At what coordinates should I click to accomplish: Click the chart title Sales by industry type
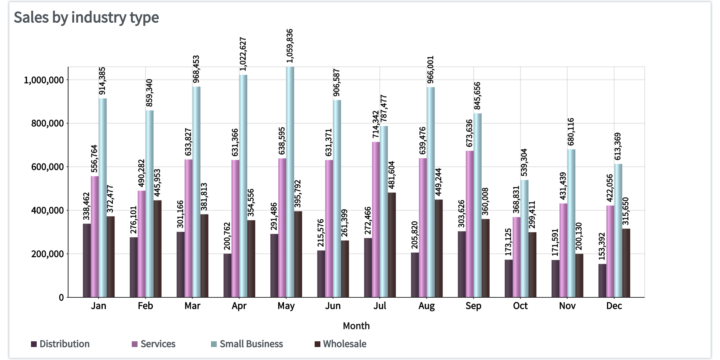[86, 17]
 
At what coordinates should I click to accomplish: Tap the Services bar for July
[376, 220]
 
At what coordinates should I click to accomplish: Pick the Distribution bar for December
[602, 281]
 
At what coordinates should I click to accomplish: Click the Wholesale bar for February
[157, 249]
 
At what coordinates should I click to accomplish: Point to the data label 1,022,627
[243, 54]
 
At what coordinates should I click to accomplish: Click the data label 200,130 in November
[579, 236]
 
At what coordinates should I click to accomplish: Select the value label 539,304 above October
[524, 163]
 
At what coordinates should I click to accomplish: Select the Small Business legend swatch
[214, 344]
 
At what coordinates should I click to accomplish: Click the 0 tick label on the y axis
[61, 298]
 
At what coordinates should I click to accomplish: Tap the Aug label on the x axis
[427, 306]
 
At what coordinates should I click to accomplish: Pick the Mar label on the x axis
[192, 306]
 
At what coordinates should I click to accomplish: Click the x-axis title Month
[356, 326]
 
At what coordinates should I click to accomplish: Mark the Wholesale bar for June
[345, 269]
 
